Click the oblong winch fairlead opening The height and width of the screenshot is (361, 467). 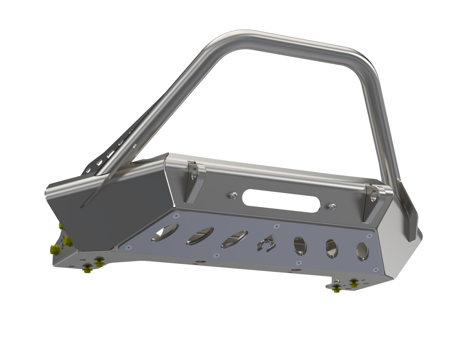(x=282, y=201)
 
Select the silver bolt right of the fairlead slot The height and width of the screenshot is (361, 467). (x=332, y=207)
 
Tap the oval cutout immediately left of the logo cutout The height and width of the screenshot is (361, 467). (x=234, y=239)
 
